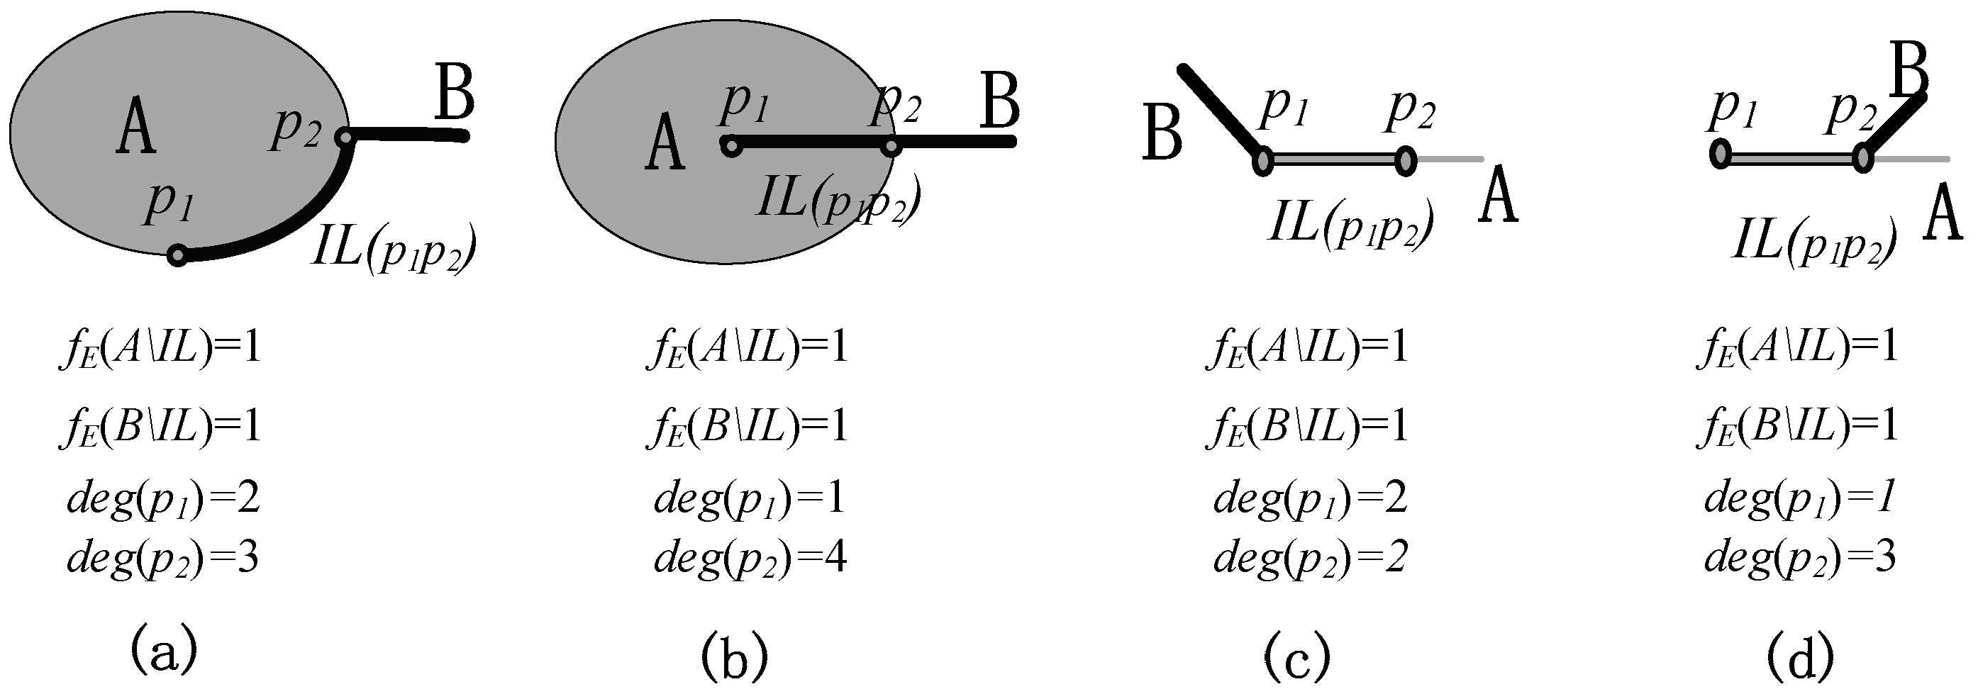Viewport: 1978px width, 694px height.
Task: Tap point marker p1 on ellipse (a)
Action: pos(178,256)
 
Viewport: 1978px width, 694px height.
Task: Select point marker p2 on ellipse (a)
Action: pos(345,138)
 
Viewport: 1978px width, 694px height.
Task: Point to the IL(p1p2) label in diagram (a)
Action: pos(394,248)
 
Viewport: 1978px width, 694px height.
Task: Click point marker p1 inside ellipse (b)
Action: pos(731,145)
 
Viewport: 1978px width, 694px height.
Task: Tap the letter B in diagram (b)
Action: pos(999,102)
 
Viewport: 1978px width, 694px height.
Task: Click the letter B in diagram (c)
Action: pos(1162,133)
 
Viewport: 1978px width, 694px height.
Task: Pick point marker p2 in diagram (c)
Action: pos(1405,161)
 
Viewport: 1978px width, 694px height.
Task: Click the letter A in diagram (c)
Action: pos(1498,196)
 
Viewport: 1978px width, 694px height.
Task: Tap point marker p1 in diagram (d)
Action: pos(1720,155)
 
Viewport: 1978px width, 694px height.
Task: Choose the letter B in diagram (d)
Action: pos(1909,72)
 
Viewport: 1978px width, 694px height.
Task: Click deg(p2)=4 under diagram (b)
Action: pos(750,558)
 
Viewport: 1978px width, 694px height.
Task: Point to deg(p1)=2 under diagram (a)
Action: pos(163,499)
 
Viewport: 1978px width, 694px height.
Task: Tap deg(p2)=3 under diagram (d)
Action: pos(1800,558)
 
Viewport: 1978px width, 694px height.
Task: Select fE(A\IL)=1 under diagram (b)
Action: pos(746,348)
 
